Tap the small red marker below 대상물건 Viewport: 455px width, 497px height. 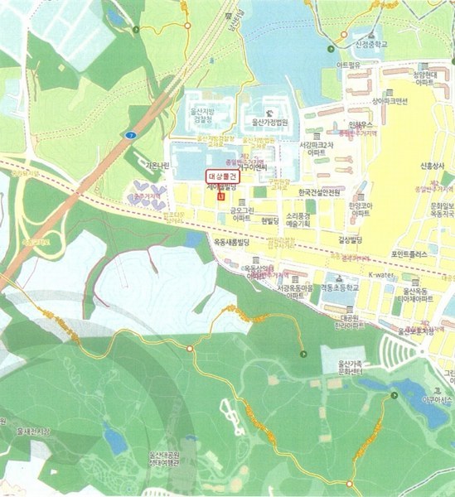220,196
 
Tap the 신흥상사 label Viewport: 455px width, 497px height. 433,165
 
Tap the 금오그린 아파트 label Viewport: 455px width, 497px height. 242,215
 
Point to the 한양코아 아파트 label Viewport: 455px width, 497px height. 359,209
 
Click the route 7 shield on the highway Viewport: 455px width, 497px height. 129,133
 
